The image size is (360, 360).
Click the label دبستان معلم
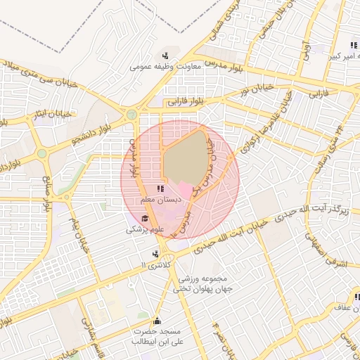[x=161, y=200]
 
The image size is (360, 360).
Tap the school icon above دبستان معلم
[x=160, y=188]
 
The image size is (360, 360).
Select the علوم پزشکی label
[x=146, y=229]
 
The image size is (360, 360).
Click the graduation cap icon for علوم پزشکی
[x=145, y=218]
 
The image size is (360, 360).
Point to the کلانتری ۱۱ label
[x=155, y=265]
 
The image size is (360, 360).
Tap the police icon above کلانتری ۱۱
[x=155, y=254]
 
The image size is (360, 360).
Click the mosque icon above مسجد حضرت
[x=157, y=319]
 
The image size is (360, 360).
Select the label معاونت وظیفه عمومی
[x=166, y=67]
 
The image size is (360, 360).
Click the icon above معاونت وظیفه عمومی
[x=165, y=56]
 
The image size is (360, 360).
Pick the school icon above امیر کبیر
[x=354, y=45]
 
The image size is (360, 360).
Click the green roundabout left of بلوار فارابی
[x=131, y=114]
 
